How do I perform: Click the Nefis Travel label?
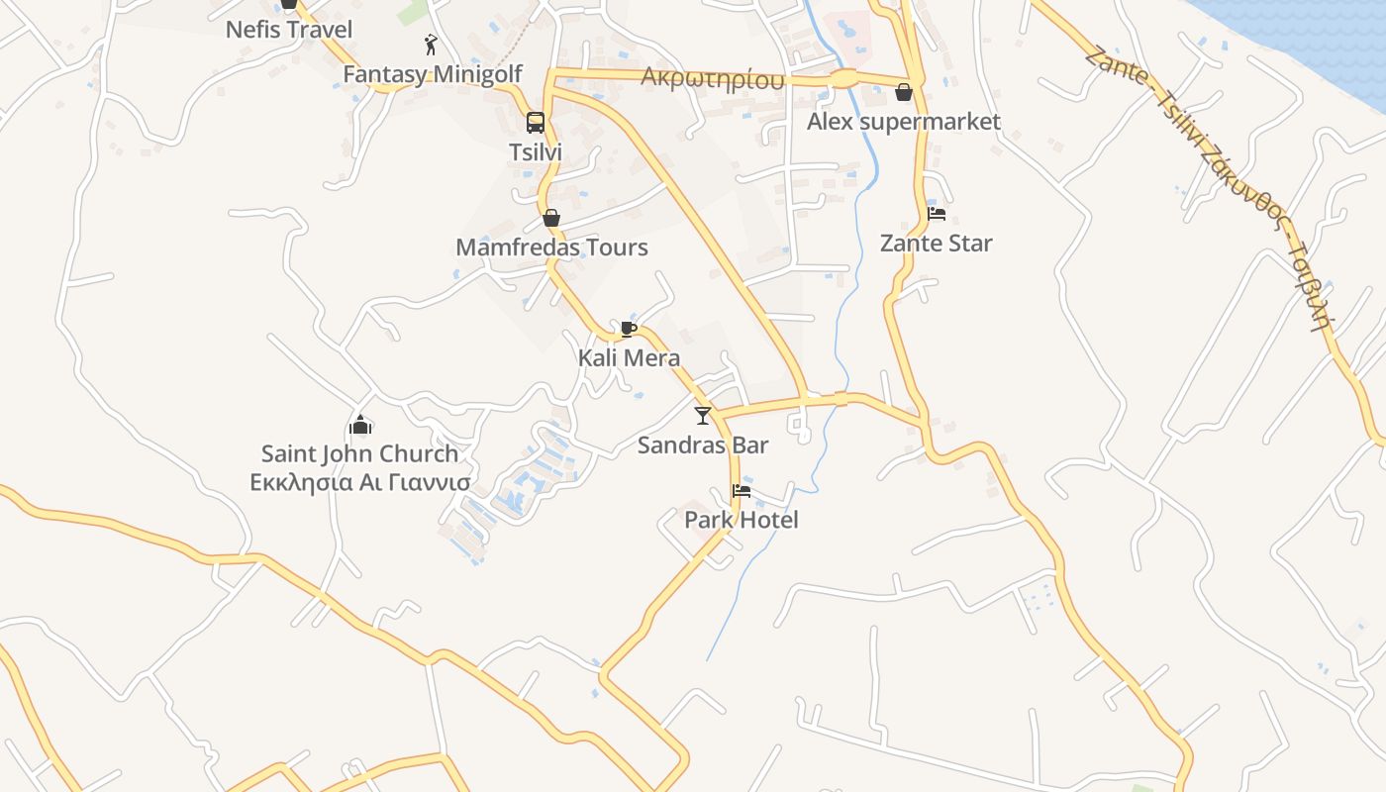(x=288, y=30)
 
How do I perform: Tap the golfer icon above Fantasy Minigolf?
(x=431, y=45)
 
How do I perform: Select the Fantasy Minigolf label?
(x=433, y=74)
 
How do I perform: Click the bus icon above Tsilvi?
(x=536, y=123)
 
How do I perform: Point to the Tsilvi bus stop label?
(x=536, y=152)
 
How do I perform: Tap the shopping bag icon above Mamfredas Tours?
(x=551, y=218)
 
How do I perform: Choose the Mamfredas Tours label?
(x=551, y=247)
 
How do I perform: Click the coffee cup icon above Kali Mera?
(x=629, y=329)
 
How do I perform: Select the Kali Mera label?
(x=629, y=358)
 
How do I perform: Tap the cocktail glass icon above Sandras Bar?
(x=703, y=416)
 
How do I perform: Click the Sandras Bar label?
(x=703, y=445)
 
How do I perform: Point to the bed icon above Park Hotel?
(x=741, y=491)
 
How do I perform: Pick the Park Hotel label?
(x=741, y=521)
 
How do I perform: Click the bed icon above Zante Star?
(x=937, y=214)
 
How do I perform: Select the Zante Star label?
(x=937, y=244)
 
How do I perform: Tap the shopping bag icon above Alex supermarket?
(x=904, y=93)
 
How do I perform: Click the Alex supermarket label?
(x=904, y=123)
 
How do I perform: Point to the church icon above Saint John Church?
(x=360, y=426)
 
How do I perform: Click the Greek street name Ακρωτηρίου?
(x=713, y=78)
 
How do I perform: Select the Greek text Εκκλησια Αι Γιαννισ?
(x=360, y=483)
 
